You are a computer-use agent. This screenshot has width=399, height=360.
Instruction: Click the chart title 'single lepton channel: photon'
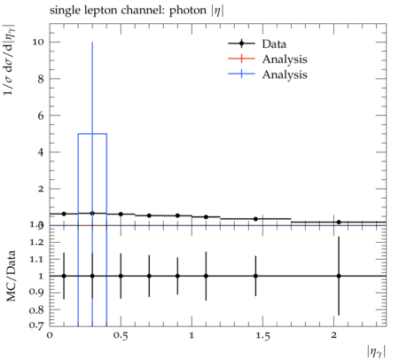click(128, 11)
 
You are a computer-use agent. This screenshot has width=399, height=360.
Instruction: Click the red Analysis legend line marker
click(241, 59)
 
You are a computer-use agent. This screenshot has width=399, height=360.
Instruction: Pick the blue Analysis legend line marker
click(241, 74)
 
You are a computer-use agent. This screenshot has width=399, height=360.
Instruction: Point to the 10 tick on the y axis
click(38, 42)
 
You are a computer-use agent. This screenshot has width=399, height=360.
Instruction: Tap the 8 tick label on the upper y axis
click(41, 79)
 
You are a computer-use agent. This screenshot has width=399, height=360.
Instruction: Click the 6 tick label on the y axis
click(41, 115)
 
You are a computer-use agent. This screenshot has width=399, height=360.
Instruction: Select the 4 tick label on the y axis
click(41, 153)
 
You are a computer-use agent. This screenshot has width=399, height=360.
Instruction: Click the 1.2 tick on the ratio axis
click(36, 242)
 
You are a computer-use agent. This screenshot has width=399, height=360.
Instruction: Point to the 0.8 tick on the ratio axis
click(36, 310)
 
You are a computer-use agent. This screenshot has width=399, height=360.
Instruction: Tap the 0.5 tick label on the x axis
click(121, 336)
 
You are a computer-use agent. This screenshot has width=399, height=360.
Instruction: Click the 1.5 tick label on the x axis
click(262, 336)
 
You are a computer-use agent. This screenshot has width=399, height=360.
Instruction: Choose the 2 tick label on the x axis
click(333, 335)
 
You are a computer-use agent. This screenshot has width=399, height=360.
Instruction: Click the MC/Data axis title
click(11, 276)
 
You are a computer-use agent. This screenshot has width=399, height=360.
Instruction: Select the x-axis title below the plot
click(377, 352)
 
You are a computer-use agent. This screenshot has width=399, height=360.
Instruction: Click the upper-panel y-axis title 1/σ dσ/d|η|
click(9, 59)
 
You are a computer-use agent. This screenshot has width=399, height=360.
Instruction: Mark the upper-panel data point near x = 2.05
click(339, 222)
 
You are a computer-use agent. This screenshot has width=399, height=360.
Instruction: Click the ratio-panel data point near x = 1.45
click(255, 276)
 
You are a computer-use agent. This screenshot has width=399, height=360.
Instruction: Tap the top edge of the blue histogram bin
click(92, 134)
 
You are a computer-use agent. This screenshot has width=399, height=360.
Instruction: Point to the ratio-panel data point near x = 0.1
click(64, 276)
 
